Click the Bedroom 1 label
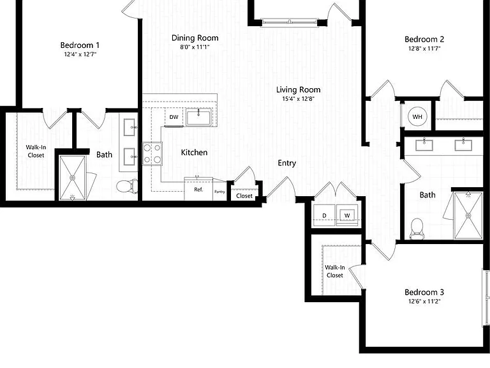point(80,45)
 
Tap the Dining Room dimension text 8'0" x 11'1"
point(195,47)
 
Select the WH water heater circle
point(417,117)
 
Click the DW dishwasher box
point(174,117)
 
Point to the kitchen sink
point(198,117)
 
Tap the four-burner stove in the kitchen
point(152,153)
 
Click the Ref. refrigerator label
point(198,190)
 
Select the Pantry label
point(219,192)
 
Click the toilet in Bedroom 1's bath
point(127,186)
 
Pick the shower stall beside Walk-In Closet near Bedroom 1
point(72,178)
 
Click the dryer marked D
point(324,215)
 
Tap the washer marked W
point(347,215)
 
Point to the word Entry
point(287,163)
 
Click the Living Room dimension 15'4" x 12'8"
point(298,99)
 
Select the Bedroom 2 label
point(424,39)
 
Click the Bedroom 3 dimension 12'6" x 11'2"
point(424,302)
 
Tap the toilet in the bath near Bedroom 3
point(416,229)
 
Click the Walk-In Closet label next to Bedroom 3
point(335,272)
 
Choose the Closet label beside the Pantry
point(244,196)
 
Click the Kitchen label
point(194,153)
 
